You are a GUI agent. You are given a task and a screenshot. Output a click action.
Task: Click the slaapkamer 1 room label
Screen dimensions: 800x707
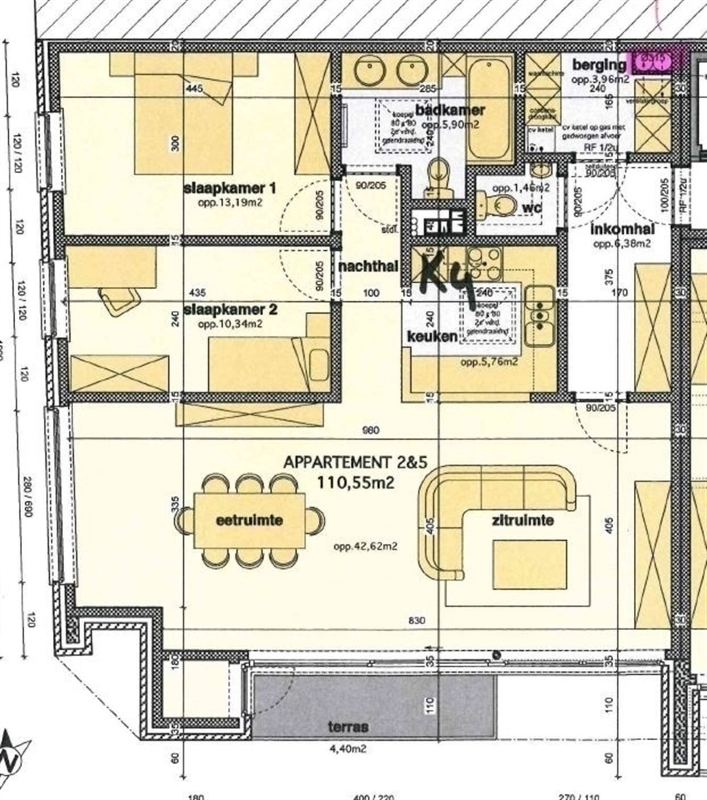point(230,189)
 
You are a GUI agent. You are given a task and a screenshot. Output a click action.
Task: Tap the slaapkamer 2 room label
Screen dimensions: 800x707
point(230,310)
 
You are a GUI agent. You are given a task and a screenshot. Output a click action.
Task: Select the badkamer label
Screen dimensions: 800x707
point(450,110)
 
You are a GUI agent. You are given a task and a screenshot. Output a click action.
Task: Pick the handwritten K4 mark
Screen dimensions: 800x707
point(447,279)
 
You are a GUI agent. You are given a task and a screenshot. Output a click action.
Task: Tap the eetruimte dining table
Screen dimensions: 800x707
point(250,520)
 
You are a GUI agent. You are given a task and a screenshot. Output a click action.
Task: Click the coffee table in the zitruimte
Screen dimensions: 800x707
point(530,564)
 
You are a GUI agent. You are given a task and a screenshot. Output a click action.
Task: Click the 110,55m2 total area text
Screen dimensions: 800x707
point(356,482)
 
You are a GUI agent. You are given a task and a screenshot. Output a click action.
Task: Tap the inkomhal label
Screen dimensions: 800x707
point(623,229)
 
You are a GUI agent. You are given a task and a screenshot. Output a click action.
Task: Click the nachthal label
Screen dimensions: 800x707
point(369,266)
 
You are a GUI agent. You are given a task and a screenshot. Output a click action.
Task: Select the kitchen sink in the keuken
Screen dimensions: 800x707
point(540,316)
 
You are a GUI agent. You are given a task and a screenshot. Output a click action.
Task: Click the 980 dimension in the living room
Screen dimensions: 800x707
point(371,430)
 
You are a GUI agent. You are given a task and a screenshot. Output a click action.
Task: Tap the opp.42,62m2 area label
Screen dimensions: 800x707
point(365,546)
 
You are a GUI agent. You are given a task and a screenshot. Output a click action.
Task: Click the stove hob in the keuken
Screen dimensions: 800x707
point(484,262)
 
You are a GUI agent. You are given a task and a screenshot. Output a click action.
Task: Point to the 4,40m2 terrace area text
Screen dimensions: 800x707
point(348,749)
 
